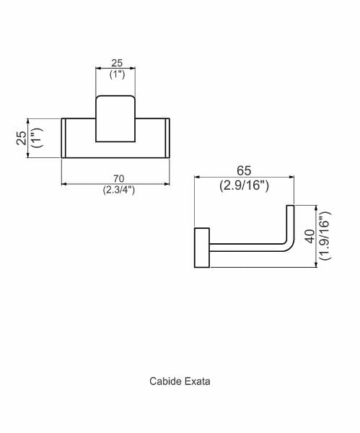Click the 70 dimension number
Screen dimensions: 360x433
click(118, 179)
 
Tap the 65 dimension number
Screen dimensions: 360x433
click(244, 170)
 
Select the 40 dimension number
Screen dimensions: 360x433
click(311, 237)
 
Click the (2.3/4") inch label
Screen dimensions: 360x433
click(119, 191)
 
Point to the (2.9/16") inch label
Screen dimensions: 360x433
click(244, 185)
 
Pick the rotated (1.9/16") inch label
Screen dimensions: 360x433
click(325, 235)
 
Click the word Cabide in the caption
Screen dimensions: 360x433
click(166, 381)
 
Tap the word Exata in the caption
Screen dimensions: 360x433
click(198, 381)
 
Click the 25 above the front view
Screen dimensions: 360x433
click(117, 63)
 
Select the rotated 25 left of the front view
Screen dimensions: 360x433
click(22, 138)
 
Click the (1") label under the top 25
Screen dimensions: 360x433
click(117, 74)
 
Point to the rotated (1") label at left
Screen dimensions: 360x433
click(38, 138)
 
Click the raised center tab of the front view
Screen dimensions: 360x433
click(115, 119)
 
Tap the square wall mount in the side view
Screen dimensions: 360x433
click(202, 248)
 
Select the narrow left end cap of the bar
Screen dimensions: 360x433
click(63, 138)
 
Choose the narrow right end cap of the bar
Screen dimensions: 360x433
click(167, 138)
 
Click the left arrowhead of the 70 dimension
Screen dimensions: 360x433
click(63, 183)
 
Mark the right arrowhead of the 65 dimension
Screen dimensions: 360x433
click(291, 177)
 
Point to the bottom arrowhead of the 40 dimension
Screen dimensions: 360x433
click(316, 265)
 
